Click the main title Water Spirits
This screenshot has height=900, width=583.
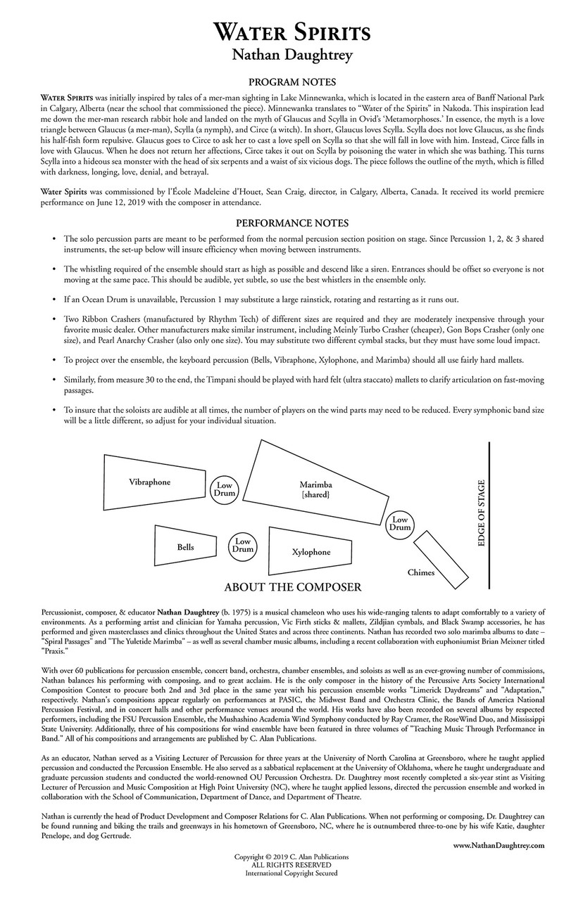pos(291,32)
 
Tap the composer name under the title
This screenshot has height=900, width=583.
pos(291,55)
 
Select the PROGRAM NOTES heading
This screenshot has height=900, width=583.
pos(291,82)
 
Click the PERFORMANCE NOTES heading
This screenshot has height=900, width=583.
pos(291,223)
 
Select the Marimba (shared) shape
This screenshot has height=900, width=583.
pos(311,489)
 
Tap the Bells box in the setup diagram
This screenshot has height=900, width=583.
pos(185,546)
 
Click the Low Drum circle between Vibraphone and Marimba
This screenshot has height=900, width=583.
pos(224,489)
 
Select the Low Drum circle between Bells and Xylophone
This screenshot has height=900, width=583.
pos(242,545)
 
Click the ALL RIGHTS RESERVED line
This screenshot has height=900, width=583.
pos(291,865)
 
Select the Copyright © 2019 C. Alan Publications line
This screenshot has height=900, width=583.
pos(291,857)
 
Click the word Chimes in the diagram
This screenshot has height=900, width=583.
pos(421,572)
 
